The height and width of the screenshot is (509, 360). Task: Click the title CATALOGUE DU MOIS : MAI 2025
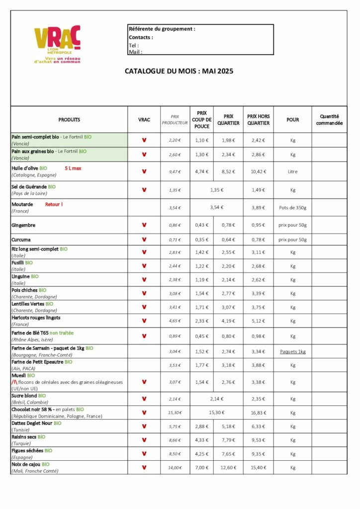[x=179, y=71]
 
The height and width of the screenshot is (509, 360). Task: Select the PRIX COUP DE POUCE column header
[x=201, y=120]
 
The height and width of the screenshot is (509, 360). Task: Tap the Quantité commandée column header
[x=329, y=120]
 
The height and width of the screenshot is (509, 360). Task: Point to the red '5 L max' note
[x=73, y=169]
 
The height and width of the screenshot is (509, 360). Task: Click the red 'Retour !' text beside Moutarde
[x=54, y=204]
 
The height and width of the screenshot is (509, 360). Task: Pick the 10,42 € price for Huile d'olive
[x=258, y=171]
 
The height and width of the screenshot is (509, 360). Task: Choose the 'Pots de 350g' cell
[x=292, y=207]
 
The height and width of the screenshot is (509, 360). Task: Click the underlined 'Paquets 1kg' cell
[x=292, y=351]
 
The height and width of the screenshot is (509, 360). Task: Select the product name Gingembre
[x=23, y=225]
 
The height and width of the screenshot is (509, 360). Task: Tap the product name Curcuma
[x=21, y=239]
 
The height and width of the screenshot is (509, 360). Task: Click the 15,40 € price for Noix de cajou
[x=258, y=467]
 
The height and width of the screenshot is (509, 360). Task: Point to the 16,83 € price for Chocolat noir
[x=258, y=413]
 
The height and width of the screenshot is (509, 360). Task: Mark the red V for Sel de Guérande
[x=144, y=189]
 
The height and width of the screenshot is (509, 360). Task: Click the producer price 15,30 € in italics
[x=175, y=413]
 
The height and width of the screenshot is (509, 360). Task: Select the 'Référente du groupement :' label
[x=162, y=29]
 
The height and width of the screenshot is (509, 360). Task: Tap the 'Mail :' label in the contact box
[x=135, y=52]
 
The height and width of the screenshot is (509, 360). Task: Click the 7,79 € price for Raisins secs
[x=228, y=440]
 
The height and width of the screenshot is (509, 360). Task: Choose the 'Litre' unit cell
[x=292, y=171]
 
